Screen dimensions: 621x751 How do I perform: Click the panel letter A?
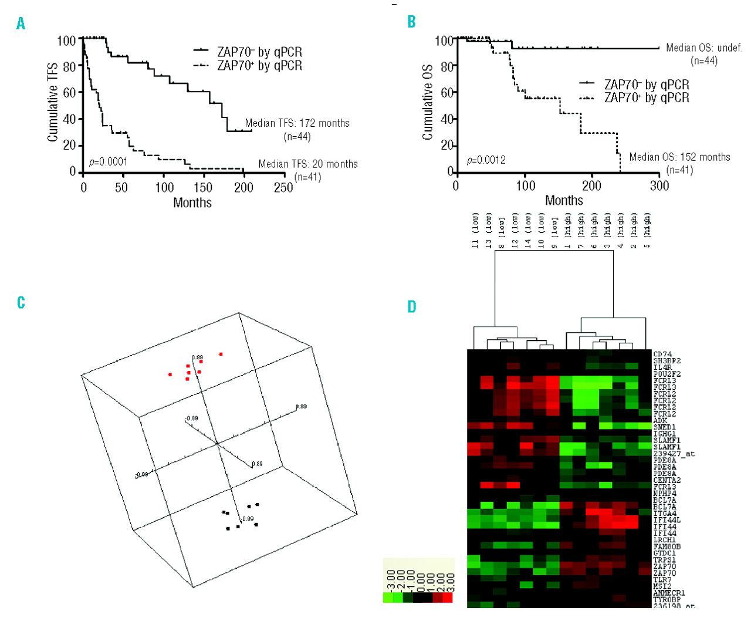(x=21, y=23)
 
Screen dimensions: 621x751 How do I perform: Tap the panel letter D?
(x=412, y=306)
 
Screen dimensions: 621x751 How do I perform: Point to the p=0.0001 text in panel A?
(x=108, y=162)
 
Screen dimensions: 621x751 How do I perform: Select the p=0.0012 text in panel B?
(x=486, y=160)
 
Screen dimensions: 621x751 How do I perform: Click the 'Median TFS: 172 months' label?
(x=297, y=123)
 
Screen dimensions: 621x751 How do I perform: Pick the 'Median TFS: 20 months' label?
(x=308, y=164)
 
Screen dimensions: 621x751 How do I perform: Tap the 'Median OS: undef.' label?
(x=704, y=48)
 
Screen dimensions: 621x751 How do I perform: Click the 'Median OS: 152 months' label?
(x=679, y=157)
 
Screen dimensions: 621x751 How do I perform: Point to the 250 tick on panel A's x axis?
(x=283, y=187)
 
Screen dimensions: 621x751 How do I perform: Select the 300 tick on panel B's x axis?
(x=659, y=185)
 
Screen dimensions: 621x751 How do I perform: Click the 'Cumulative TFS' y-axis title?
(x=53, y=102)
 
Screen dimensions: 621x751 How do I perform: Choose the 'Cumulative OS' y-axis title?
(x=428, y=102)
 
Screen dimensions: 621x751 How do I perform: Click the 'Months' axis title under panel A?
(x=192, y=203)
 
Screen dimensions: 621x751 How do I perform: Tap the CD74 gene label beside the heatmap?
(x=662, y=354)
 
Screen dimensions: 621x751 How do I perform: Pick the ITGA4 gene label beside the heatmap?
(x=665, y=514)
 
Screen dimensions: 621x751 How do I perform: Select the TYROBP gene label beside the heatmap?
(x=667, y=599)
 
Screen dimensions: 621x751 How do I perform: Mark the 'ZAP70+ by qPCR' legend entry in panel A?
(x=259, y=66)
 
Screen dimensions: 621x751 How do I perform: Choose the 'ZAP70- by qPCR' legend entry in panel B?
(x=647, y=85)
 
